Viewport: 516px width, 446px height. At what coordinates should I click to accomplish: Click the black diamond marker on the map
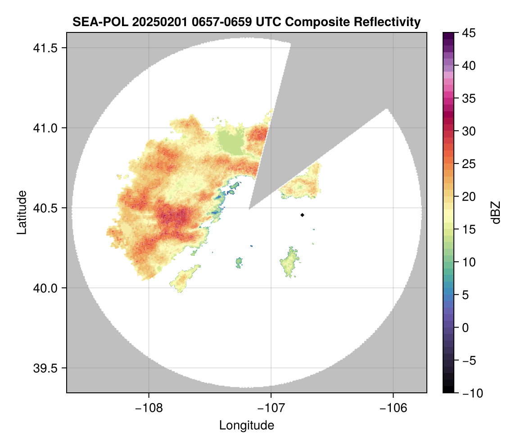tap(302, 215)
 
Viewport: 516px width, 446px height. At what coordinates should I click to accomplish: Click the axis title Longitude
tap(247, 425)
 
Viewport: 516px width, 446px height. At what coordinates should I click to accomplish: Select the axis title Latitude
tap(21, 212)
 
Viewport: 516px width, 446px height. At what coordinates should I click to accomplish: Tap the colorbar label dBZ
tap(496, 213)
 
